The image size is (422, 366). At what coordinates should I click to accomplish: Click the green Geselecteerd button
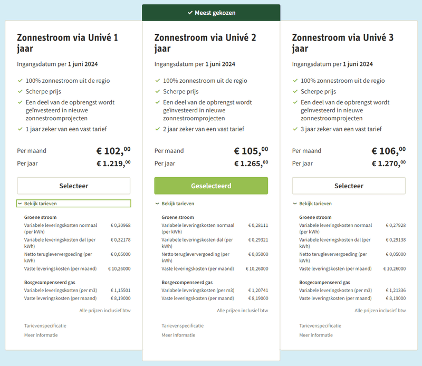pos(211,186)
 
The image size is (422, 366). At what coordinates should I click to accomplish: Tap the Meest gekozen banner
pos(211,13)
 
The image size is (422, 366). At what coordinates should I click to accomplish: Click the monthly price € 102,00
pos(113,151)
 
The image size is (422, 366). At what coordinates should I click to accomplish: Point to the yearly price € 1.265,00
pos(251,163)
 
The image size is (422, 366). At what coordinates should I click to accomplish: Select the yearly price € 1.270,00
pos(388,163)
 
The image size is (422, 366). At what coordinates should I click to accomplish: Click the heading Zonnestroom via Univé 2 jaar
pos(205,43)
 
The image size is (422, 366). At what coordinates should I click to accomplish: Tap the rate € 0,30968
pos(120,226)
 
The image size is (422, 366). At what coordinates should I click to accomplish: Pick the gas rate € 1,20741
pos(257,291)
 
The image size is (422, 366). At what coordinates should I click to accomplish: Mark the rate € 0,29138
pos(395,240)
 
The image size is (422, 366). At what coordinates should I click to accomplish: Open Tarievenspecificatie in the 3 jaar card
pos(320,326)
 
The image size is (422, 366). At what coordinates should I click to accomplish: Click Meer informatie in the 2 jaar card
pos(178,335)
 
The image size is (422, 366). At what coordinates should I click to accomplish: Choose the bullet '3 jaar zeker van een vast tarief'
pos(341,129)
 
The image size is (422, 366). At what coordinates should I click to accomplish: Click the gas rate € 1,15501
pos(120,291)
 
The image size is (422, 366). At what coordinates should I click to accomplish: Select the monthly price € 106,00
pos(388,151)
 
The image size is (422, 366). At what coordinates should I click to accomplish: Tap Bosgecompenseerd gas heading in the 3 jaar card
pos(324,282)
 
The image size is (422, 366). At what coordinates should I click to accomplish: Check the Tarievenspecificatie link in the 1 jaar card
pos(45,326)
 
